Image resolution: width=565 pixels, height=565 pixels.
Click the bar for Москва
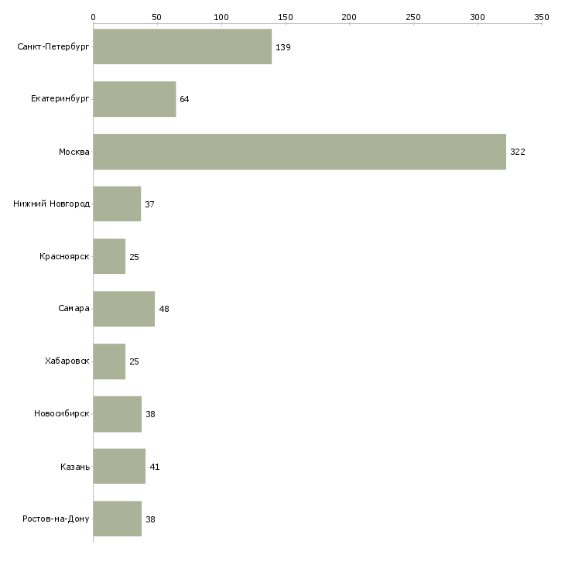300,152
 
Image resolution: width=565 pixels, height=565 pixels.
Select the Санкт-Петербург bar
182,47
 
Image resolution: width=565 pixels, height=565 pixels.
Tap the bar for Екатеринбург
134,99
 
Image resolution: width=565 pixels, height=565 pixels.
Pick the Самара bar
124,309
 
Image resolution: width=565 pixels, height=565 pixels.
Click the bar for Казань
119,467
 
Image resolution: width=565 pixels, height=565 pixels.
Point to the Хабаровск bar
109,361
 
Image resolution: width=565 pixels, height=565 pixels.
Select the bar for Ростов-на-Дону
117,519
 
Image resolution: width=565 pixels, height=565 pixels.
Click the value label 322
518,152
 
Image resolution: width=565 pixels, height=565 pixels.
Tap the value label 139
283,47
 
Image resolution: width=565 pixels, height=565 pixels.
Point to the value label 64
184,99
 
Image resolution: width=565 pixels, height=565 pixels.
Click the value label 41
155,467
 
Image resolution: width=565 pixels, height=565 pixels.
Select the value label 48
164,309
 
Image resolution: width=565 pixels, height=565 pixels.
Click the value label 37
150,204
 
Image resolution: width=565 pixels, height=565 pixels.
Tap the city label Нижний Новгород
52,204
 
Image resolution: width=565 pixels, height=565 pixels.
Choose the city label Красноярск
65,257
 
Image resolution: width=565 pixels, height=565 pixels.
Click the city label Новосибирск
62,414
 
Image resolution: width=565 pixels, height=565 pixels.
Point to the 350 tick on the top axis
542,16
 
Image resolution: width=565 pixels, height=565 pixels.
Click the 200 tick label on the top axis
349,16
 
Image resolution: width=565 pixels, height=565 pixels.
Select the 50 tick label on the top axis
157,16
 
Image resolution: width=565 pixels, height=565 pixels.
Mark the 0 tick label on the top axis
93,16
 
